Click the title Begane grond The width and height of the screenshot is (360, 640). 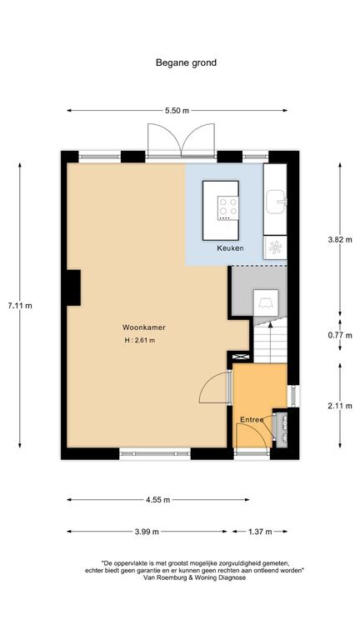[186, 62]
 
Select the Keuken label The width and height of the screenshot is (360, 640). [230, 248]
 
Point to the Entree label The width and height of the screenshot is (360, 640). [252, 420]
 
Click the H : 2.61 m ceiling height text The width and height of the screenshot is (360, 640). [140, 340]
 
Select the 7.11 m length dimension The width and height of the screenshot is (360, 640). [20, 305]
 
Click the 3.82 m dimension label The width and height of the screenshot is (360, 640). [340, 240]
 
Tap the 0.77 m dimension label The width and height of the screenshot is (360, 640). [340, 336]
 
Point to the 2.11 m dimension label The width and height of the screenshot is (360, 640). [340, 406]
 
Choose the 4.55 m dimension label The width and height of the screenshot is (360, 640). [159, 500]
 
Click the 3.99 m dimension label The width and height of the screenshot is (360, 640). [147, 532]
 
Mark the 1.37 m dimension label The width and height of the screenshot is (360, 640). [260, 532]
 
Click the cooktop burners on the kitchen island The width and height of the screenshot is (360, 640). [227, 207]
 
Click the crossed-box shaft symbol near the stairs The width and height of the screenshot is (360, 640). [241, 357]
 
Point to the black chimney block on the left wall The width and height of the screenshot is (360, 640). [73, 287]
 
